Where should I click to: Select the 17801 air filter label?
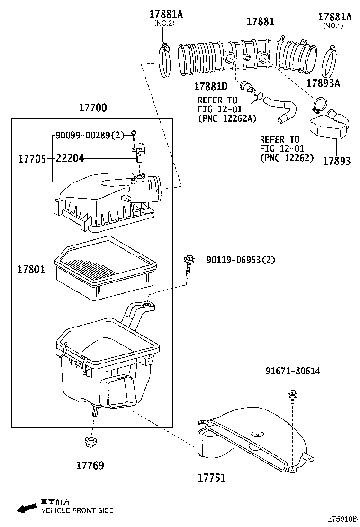(31, 269)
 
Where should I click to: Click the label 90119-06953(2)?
(241, 260)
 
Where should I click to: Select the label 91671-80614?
(292, 371)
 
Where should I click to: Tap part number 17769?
(90, 465)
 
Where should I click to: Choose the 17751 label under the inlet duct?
(212, 477)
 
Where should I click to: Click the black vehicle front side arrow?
(27, 508)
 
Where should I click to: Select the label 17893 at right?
(337, 161)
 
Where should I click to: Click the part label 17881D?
(211, 87)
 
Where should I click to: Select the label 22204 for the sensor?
(70, 158)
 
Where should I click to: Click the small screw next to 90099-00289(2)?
(134, 135)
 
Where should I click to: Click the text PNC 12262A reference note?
(227, 118)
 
